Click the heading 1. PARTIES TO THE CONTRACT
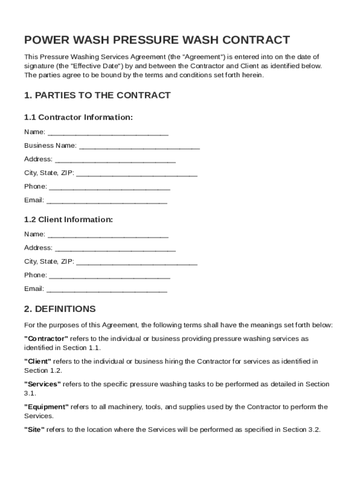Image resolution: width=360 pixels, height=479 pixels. (97, 95)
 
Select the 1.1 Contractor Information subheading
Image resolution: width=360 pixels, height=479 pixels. (79, 117)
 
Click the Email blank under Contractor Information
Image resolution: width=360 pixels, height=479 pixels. (107, 201)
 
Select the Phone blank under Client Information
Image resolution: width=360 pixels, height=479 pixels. (109, 276)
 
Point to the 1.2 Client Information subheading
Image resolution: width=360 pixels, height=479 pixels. (68, 219)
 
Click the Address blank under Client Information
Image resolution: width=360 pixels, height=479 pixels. (115, 248)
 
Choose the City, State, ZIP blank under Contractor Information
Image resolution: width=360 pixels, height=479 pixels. (137, 174)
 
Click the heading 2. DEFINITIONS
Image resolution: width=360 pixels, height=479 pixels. (60, 309)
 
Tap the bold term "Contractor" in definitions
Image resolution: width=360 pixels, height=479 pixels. (46, 338)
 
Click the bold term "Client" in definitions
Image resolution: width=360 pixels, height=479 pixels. (38, 361)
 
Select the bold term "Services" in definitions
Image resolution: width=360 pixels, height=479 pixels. (43, 384)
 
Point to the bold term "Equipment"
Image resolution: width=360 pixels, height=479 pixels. (47, 407)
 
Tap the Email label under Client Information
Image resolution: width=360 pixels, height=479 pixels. (34, 289)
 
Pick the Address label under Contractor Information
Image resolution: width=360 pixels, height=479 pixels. (38, 159)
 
